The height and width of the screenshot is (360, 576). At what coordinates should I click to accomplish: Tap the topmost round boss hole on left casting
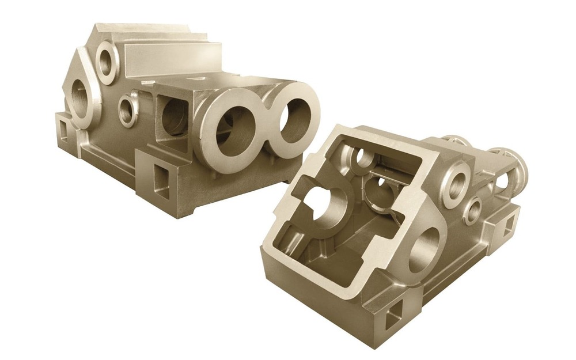[106, 59]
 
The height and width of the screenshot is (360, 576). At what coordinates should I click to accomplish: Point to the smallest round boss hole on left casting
[127, 109]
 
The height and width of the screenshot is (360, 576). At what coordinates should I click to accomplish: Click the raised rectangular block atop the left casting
[173, 58]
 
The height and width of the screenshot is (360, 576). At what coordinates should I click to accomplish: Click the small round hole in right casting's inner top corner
[361, 157]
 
